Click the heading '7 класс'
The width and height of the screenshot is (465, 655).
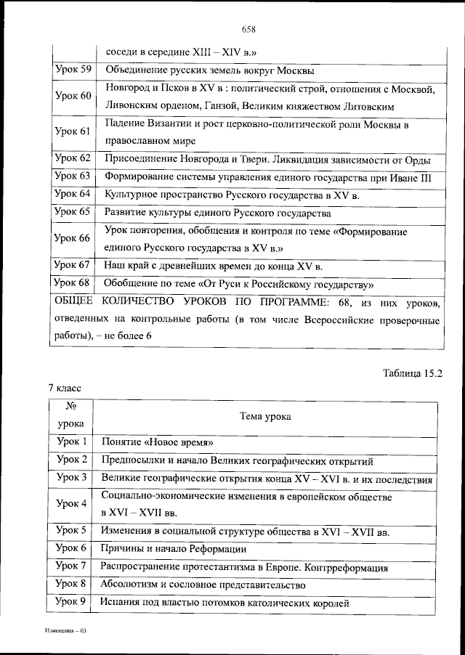[x=65, y=389]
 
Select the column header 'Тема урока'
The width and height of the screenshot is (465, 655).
[x=265, y=417]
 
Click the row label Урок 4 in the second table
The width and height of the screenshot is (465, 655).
[x=72, y=503]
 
